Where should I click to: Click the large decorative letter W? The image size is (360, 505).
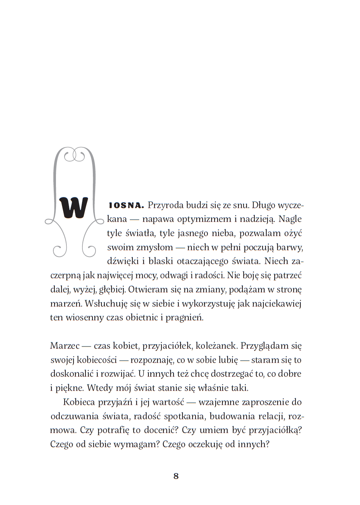click(x=73, y=207)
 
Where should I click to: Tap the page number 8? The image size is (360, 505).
click(x=176, y=476)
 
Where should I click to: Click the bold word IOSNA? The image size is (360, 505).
click(x=126, y=206)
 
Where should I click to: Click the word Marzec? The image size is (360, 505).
click(x=65, y=346)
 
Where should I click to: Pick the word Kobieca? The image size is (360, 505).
click(x=79, y=402)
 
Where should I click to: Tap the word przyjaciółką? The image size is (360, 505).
click(x=275, y=430)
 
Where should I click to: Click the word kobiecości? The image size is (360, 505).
click(x=97, y=360)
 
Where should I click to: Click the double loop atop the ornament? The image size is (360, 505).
click(x=74, y=155)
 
